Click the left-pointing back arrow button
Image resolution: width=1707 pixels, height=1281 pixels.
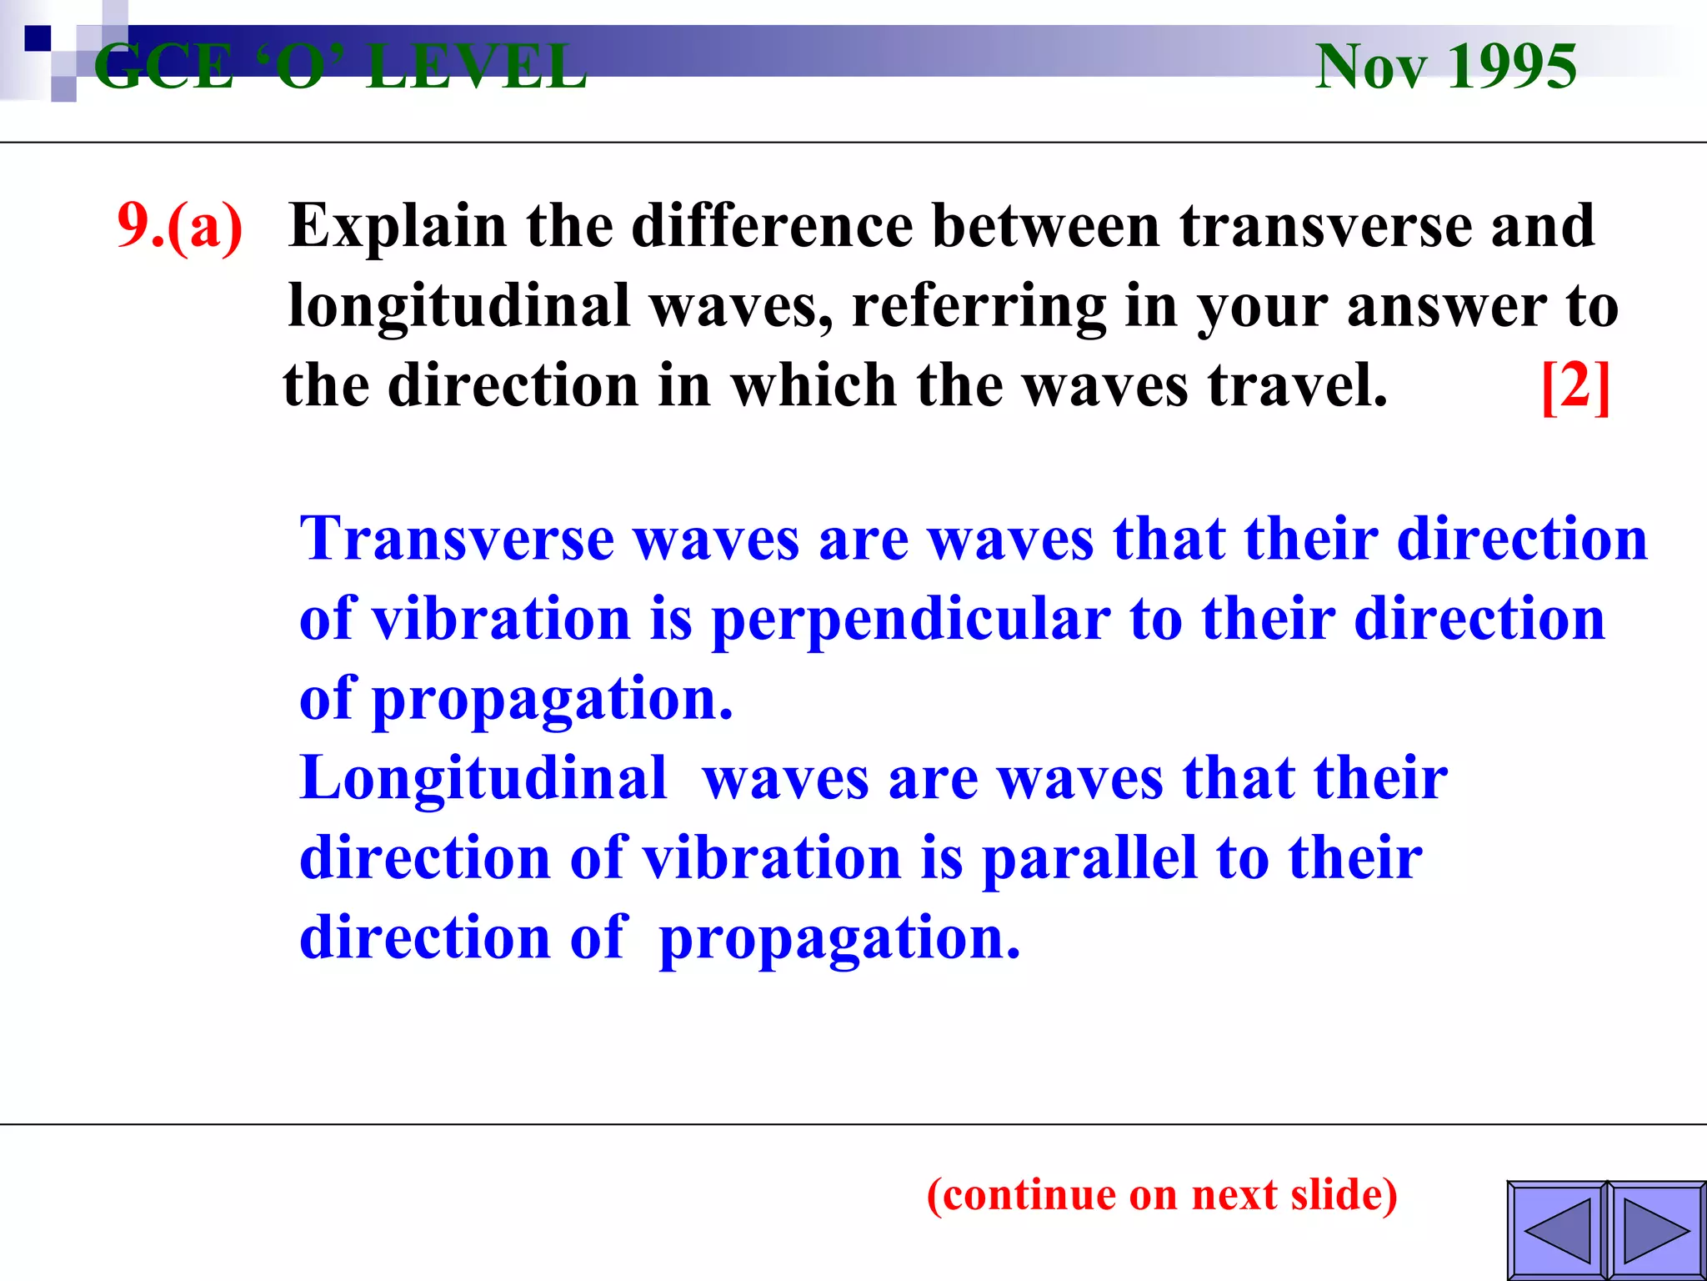point(1557,1230)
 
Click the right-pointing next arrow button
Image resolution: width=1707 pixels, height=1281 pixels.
point(1656,1230)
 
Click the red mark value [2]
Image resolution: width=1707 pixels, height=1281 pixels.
point(1575,385)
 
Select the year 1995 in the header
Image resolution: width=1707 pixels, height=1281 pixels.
point(1511,66)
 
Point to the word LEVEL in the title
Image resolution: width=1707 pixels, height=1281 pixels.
point(478,67)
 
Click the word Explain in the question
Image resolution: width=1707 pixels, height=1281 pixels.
point(398,226)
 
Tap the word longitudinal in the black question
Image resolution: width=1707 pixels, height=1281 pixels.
point(458,305)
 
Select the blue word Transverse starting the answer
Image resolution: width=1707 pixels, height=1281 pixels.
point(457,539)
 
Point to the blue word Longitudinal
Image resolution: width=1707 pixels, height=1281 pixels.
point(483,778)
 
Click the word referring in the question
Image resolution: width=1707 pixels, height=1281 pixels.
point(979,307)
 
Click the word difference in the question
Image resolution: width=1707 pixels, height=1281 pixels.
point(772,226)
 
